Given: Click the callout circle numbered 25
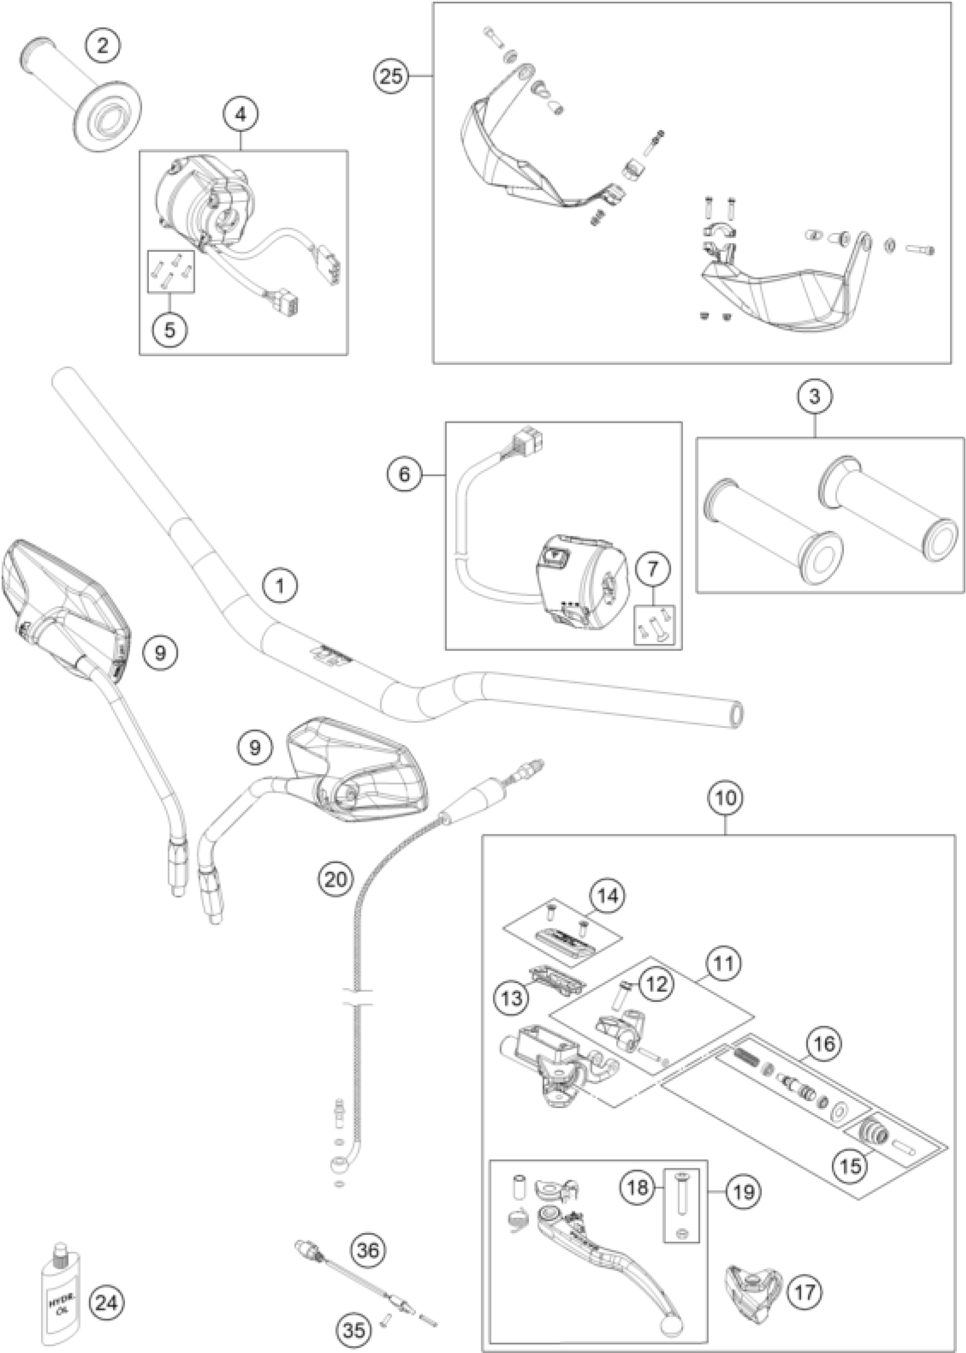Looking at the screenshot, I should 392,76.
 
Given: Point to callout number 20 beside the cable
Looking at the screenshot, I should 335,878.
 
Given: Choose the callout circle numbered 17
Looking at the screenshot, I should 806,1291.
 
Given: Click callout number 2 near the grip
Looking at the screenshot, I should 103,46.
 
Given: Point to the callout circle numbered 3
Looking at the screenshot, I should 814,396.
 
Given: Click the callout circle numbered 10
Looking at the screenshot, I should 726,797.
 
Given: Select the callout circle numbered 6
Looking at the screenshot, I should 404,474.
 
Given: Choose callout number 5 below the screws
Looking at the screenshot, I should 170,329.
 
